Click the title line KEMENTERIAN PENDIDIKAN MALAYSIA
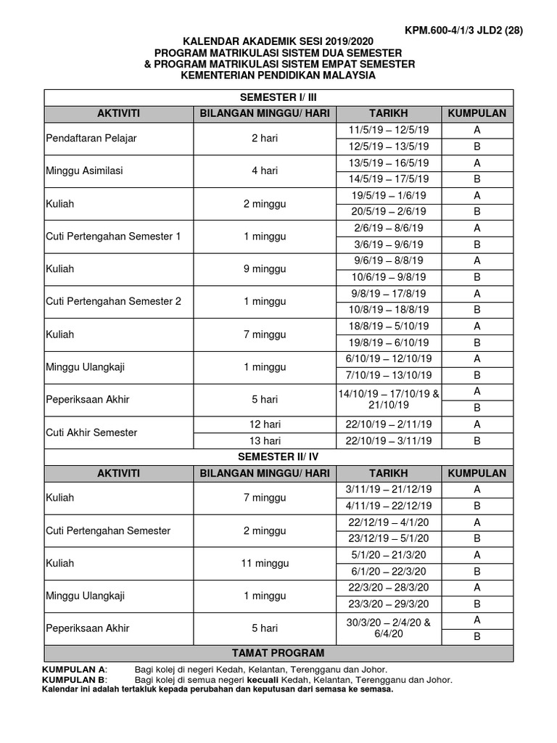click(279, 75)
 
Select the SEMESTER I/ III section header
click(279, 97)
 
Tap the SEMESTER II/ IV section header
click(279, 456)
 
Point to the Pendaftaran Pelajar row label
click(91, 138)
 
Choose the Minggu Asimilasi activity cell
click(85, 171)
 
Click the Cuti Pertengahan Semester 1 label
click(113, 237)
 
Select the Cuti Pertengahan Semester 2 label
click(113, 302)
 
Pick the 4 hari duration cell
click(265, 171)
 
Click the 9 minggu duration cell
click(265, 269)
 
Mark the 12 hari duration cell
click(265, 424)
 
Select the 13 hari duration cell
click(265, 440)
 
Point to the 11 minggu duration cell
click(265, 563)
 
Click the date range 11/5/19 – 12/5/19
click(389, 130)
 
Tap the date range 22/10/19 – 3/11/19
click(389, 440)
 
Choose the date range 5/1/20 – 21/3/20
click(389, 555)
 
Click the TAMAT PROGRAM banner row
click(279, 653)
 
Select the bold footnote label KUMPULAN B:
click(75, 680)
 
